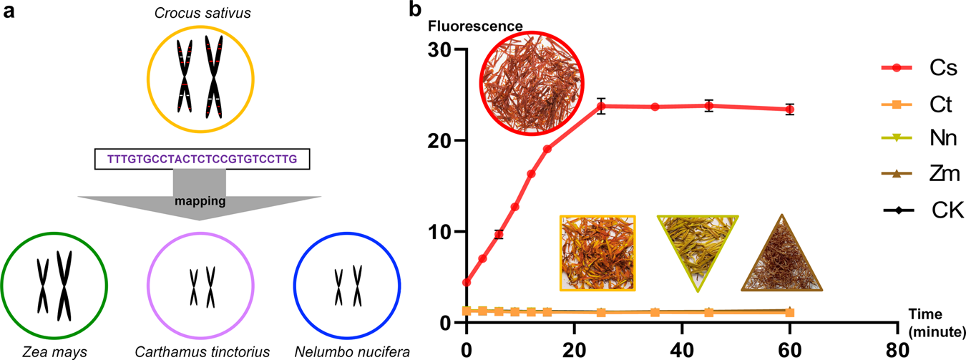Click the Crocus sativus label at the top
(x=199, y=11)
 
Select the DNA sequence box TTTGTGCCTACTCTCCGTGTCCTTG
(x=200, y=158)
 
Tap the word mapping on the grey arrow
(x=200, y=203)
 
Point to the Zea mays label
(x=54, y=351)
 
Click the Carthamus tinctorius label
(x=200, y=351)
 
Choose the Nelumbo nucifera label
(x=346, y=351)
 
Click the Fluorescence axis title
(x=475, y=27)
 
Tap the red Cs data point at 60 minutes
(x=789, y=110)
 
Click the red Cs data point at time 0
(x=467, y=282)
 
